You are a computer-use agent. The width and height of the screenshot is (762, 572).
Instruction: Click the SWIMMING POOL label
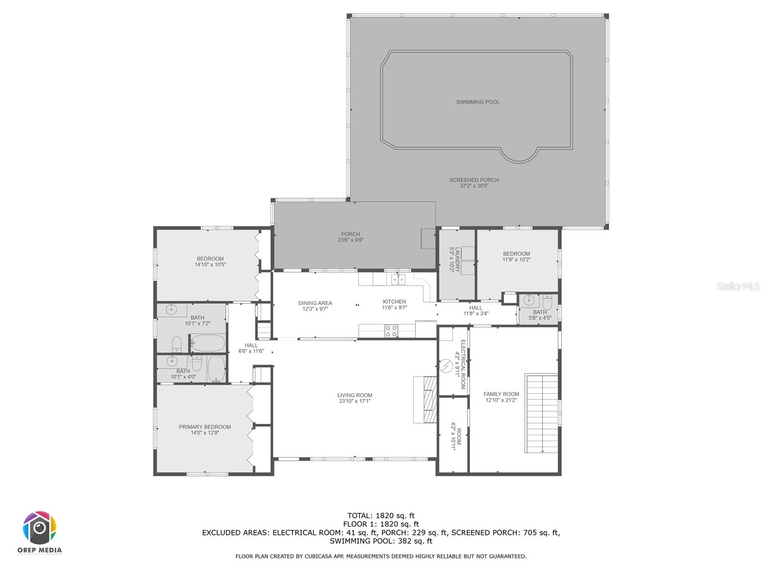478,102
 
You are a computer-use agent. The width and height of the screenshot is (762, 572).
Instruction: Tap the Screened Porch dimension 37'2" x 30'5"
474,186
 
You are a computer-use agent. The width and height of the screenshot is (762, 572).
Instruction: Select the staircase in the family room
541,413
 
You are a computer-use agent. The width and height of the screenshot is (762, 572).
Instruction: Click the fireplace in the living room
425,399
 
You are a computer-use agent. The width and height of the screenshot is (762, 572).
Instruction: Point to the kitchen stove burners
391,331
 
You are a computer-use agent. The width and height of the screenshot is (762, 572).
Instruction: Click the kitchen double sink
398,279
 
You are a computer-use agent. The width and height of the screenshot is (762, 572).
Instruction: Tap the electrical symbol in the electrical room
446,366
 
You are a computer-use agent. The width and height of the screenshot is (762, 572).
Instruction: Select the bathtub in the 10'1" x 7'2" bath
208,343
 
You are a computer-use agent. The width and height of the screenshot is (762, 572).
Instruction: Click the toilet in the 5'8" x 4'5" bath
547,302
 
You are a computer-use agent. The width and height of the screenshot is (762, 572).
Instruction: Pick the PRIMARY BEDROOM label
205,427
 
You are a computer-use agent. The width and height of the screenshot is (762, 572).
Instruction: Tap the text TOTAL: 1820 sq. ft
381,515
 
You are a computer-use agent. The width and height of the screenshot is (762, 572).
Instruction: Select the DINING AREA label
315,303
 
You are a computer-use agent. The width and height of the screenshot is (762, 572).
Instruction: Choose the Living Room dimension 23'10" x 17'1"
355,401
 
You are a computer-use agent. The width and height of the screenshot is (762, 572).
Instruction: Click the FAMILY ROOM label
501,394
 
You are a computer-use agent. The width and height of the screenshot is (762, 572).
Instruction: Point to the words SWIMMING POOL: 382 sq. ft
381,541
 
